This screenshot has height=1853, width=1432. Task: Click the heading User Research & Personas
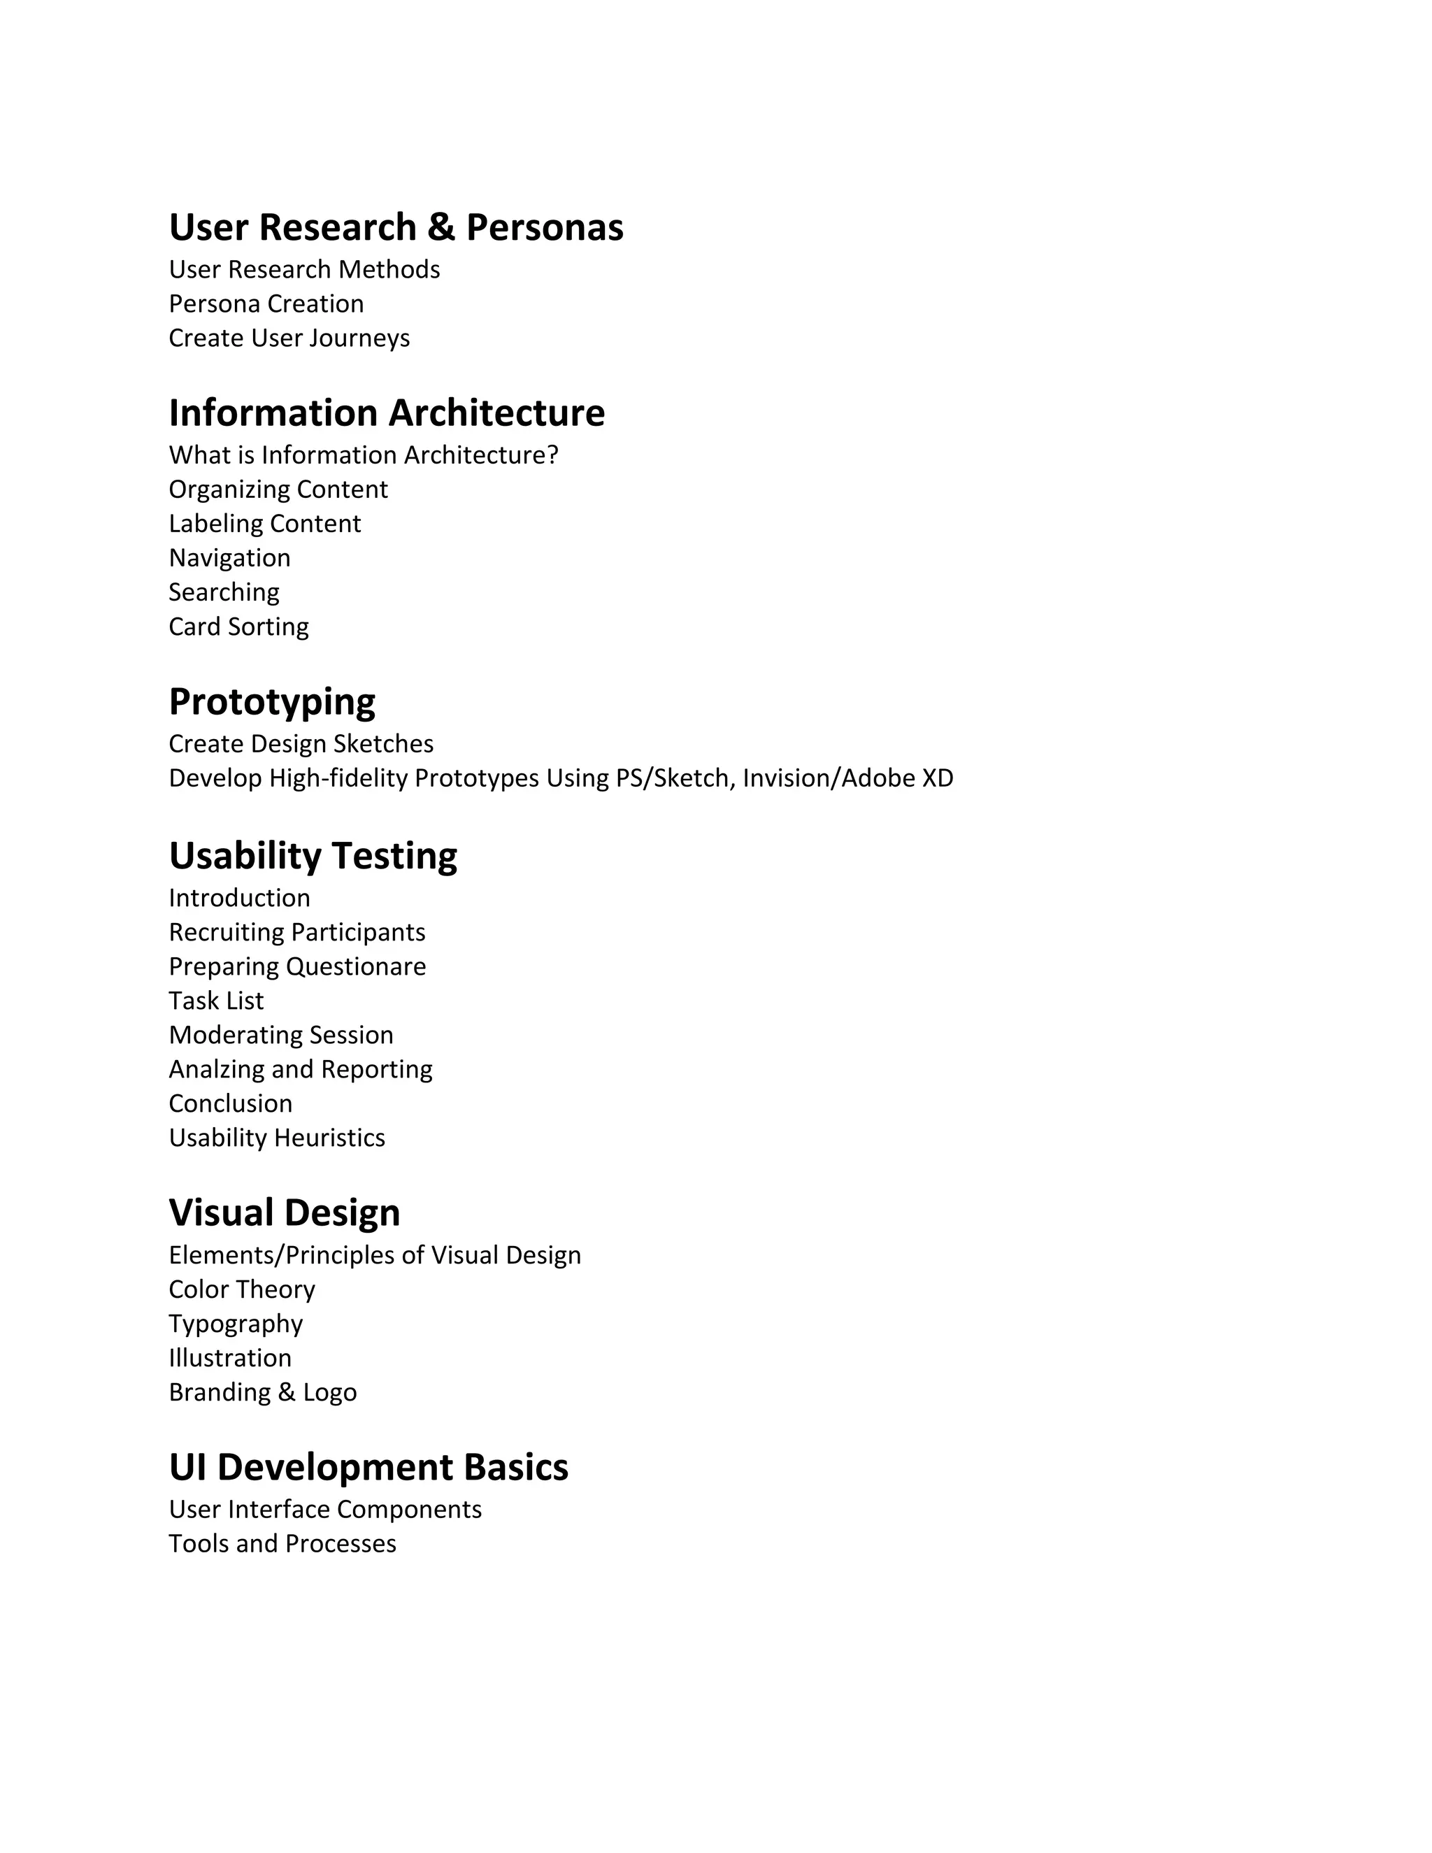pyautogui.click(x=396, y=227)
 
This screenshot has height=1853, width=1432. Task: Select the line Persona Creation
pyautogui.click(x=266, y=303)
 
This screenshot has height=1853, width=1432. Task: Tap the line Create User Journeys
pyautogui.click(x=289, y=338)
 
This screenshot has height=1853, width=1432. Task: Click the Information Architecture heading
pyautogui.click(x=387, y=413)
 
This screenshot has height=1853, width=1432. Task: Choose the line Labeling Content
pyautogui.click(x=265, y=524)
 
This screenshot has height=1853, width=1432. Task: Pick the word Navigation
pyautogui.click(x=230, y=557)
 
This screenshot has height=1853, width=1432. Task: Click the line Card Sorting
pyautogui.click(x=238, y=626)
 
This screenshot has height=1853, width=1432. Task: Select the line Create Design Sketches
pyautogui.click(x=301, y=744)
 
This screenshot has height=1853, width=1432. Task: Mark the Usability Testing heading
pyautogui.click(x=313, y=855)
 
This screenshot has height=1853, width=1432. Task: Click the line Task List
pyautogui.click(x=216, y=1001)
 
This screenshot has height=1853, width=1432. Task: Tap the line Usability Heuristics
pyautogui.click(x=277, y=1138)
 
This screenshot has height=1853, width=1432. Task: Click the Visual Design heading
pyautogui.click(x=284, y=1212)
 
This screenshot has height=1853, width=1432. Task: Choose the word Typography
pyautogui.click(x=236, y=1324)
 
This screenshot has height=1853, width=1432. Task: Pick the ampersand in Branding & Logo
pyautogui.click(x=287, y=1392)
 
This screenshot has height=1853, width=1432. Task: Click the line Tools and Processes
pyautogui.click(x=282, y=1543)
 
